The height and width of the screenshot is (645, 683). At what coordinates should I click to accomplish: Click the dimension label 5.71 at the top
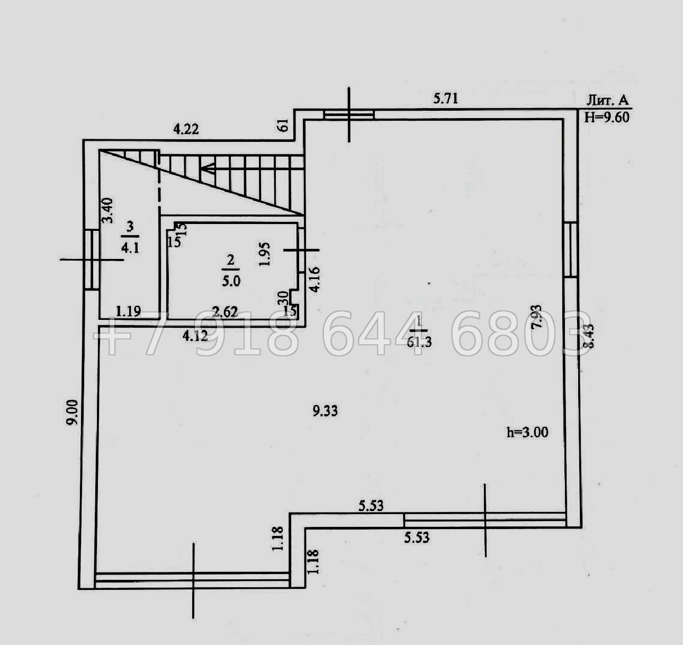[x=445, y=98]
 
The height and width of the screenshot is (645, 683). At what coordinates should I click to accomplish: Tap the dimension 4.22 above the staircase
[x=186, y=129]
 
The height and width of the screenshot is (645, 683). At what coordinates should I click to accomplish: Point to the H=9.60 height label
[x=607, y=117]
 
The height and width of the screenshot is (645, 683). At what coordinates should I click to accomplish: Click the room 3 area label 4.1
[x=130, y=247]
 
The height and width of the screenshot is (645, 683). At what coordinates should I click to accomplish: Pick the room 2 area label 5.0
[x=231, y=281]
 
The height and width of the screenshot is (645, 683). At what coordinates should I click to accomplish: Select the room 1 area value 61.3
[x=419, y=342]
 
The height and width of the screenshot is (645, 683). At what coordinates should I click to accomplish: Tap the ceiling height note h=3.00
[x=527, y=433]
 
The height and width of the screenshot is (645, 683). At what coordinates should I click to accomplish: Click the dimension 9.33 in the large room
[x=325, y=410]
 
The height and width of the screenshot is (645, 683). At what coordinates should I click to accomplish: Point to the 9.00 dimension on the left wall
[x=73, y=412]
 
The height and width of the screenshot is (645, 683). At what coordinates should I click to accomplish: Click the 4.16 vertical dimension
[x=314, y=279]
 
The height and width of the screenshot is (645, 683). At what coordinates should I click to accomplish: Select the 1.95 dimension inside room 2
[x=266, y=254]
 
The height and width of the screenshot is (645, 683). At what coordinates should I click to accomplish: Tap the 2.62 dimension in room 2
[x=224, y=312]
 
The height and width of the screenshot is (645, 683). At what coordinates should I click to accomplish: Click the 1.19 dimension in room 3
[x=128, y=311]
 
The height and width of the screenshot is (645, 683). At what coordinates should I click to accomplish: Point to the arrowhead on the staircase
[x=206, y=169]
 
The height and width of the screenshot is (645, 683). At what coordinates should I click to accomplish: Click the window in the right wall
[x=570, y=249]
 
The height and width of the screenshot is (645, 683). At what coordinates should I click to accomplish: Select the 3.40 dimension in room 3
[x=107, y=210]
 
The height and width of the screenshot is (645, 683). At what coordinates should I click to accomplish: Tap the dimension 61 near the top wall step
[x=283, y=126]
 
